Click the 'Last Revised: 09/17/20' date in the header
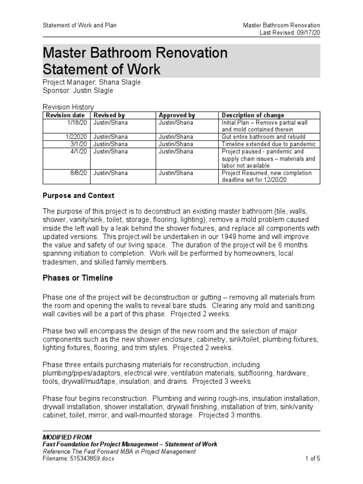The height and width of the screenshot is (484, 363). point(290,33)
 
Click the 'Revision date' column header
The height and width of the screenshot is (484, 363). point(65,115)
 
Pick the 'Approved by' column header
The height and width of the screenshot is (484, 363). point(177,115)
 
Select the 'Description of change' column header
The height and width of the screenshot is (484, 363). point(253,115)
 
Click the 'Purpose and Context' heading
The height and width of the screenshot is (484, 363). point(78,196)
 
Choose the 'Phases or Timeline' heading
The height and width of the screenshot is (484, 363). point(78,278)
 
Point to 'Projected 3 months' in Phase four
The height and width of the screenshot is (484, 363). point(230,415)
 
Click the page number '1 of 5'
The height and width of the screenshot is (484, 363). point(311,458)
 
